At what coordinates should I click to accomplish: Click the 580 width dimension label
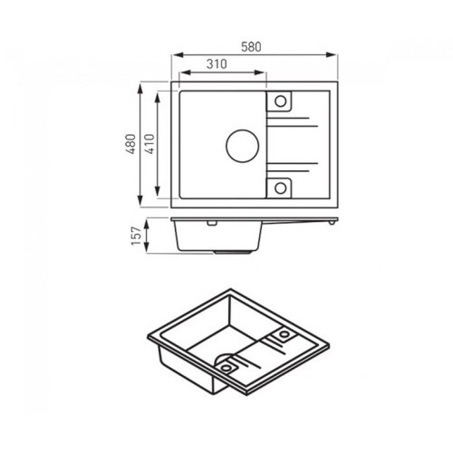point(251,47)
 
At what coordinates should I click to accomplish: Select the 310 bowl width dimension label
point(217,64)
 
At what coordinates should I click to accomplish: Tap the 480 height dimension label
point(130,144)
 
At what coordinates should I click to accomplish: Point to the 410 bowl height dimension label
point(149,144)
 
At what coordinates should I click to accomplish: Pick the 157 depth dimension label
point(137,236)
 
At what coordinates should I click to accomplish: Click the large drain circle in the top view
point(242,146)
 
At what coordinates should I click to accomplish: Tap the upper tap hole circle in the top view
point(281,101)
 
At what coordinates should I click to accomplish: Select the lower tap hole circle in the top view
point(281,188)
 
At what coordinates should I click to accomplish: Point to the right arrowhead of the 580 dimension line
point(332,55)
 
